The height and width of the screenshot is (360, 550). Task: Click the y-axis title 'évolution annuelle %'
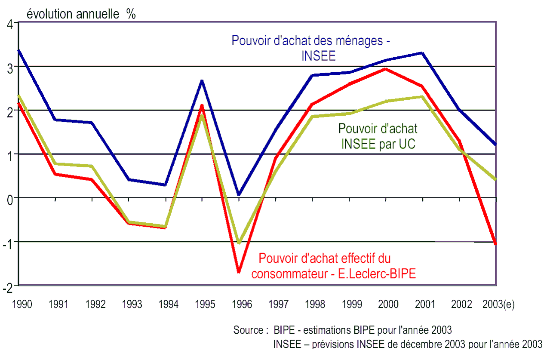(x=81, y=14)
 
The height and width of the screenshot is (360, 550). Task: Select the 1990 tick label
(x=22, y=305)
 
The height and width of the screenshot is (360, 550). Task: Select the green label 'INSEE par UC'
(x=378, y=144)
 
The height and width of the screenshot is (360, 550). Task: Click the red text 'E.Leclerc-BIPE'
(x=377, y=274)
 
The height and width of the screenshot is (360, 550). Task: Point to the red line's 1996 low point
(x=239, y=272)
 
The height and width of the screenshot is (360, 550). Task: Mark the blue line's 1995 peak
(x=202, y=80)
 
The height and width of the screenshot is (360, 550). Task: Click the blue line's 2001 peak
(x=422, y=53)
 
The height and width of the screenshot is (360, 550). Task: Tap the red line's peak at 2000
(x=386, y=69)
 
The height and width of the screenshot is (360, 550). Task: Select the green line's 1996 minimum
(x=239, y=243)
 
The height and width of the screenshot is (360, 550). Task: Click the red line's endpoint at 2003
(x=496, y=243)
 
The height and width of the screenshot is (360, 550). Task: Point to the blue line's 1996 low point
(x=239, y=194)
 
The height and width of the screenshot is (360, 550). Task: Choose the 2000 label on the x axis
(x=388, y=305)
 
